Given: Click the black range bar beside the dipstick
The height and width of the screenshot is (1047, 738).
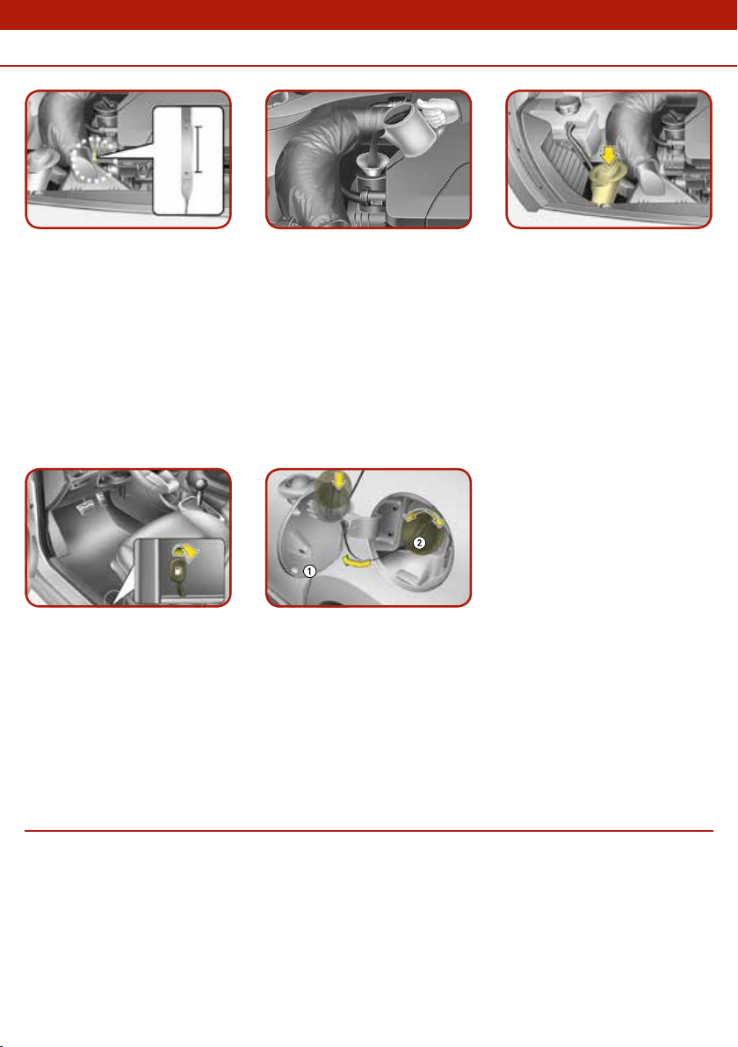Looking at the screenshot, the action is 198,148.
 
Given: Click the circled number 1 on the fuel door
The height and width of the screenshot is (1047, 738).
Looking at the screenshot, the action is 309,571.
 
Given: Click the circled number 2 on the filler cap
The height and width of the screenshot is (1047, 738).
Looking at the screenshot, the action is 419,542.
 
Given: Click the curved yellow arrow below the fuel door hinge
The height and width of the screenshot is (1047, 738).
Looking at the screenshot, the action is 356,562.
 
